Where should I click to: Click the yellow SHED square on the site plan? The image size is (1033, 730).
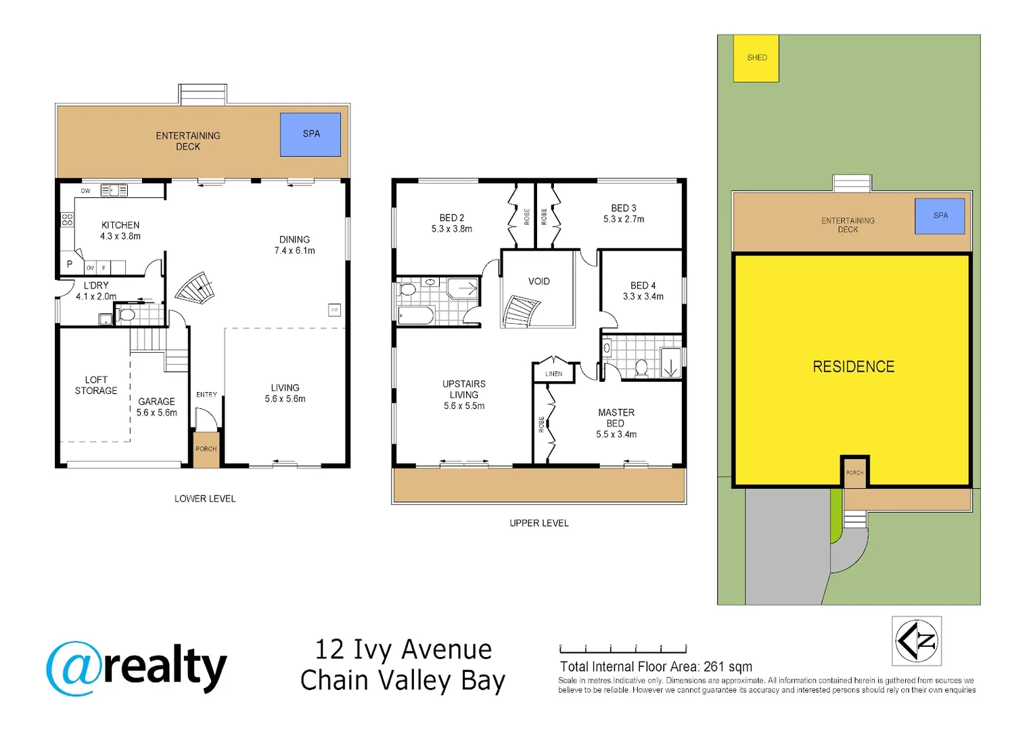pyautogui.click(x=756, y=58)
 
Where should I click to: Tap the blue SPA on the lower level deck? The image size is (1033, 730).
pyautogui.click(x=311, y=135)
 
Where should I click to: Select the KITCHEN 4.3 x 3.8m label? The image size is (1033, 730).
pyautogui.click(x=120, y=230)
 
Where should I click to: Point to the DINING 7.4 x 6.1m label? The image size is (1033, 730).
pyautogui.click(x=294, y=245)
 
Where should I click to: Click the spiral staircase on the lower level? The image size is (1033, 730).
pyautogui.click(x=195, y=289)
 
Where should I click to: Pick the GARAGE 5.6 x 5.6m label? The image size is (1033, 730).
pyautogui.click(x=156, y=407)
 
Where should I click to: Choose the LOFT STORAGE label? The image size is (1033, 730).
pyautogui.click(x=96, y=385)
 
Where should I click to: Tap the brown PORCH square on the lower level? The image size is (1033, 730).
pyautogui.click(x=206, y=449)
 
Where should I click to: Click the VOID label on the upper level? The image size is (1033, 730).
pyautogui.click(x=538, y=281)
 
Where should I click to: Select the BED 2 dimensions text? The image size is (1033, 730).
pyautogui.click(x=452, y=229)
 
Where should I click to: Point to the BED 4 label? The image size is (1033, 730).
pyautogui.click(x=643, y=285)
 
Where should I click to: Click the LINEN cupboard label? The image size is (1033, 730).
pyautogui.click(x=553, y=374)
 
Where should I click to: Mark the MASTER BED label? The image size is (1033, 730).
pyautogui.click(x=616, y=418)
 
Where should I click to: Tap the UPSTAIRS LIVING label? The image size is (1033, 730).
pyautogui.click(x=464, y=389)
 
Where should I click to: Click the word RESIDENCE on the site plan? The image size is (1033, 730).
pyautogui.click(x=853, y=367)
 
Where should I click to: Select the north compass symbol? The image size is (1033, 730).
pyautogui.click(x=917, y=641)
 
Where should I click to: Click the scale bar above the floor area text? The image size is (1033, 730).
pyautogui.click(x=623, y=649)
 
